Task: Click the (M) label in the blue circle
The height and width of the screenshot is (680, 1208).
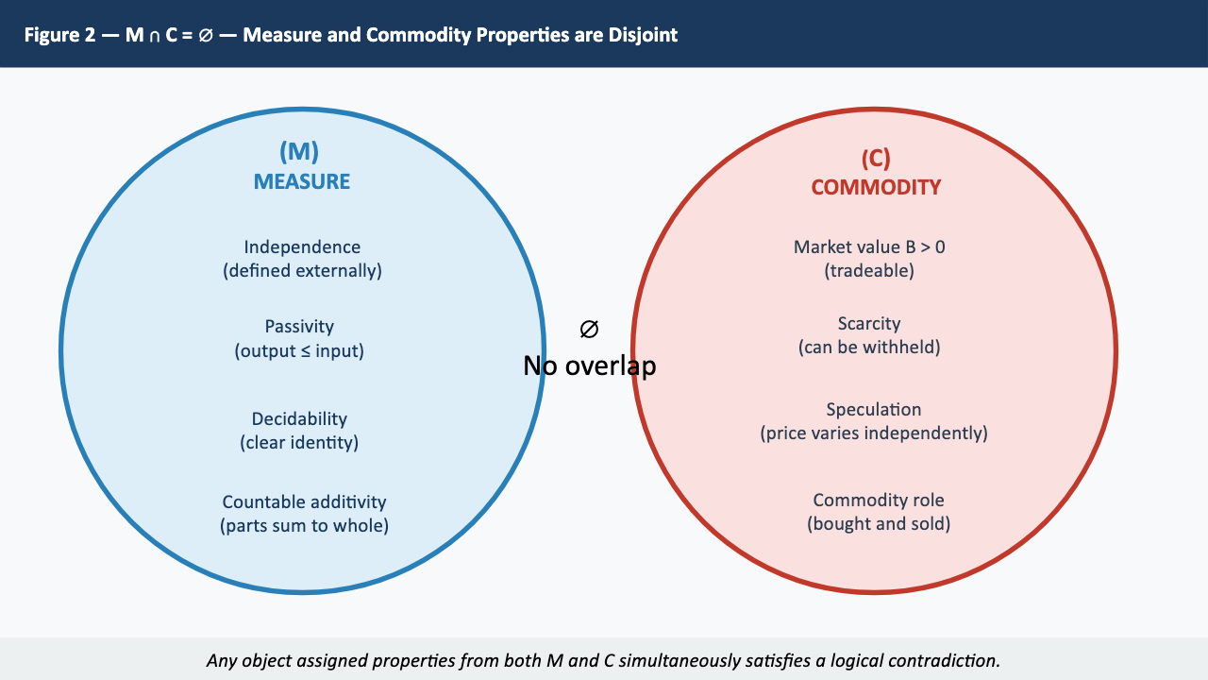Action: [299, 152]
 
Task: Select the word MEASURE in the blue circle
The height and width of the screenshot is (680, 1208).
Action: [301, 181]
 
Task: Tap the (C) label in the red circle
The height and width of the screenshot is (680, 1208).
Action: [875, 158]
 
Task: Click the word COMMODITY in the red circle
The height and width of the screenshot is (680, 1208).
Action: [876, 187]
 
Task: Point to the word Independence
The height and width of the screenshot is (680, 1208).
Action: [302, 246]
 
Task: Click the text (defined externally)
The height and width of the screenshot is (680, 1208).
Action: [302, 271]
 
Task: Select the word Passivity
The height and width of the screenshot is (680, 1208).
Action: [299, 326]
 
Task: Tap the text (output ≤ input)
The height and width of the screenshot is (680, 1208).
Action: [299, 350]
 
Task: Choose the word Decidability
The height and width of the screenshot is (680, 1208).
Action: [299, 418]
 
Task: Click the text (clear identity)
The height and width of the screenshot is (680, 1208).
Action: [299, 442]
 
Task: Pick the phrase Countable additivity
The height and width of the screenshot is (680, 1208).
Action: [304, 501]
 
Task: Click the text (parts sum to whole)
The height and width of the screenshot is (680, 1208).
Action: [304, 526]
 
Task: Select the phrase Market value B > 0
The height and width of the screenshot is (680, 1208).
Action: [869, 246]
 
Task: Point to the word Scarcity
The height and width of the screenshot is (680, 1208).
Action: [869, 323]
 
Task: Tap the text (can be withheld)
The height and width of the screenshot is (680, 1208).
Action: [869, 347]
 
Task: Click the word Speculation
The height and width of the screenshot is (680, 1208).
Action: [873, 409]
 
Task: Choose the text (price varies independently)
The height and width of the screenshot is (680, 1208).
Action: [873, 433]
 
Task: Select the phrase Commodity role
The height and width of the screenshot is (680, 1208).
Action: [878, 500]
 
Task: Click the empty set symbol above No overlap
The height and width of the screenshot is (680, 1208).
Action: [589, 330]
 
